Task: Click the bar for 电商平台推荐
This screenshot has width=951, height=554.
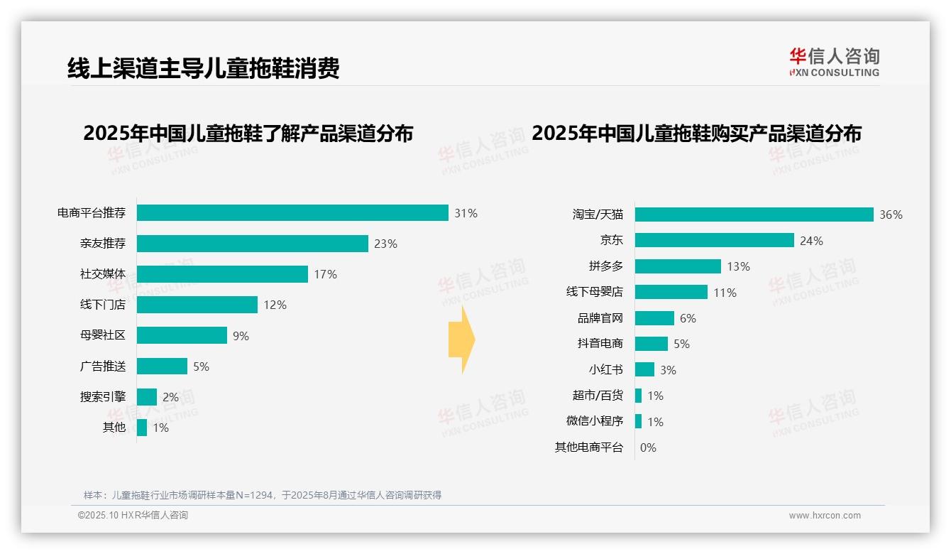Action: pyautogui.click(x=292, y=213)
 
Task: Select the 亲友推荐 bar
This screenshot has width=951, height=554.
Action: pyautogui.click(x=253, y=244)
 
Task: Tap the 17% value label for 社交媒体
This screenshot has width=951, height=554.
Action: pyautogui.click(x=325, y=274)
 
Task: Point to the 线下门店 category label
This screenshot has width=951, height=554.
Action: pyautogui.click(x=103, y=305)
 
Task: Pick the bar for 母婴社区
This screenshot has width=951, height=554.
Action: pyautogui.click(x=182, y=335)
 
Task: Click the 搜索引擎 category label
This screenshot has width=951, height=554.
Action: pyautogui.click(x=103, y=397)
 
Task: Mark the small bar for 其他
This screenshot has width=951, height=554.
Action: pyautogui.click(x=142, y=428)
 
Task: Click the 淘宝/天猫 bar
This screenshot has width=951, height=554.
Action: pyautogui.click(x=754, y=214)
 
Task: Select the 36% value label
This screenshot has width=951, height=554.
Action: pyautogui.click(x=891, y=214)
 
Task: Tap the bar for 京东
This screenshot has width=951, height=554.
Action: pyautogui.click(x=714, y=241)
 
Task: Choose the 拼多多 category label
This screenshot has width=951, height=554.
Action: pyautogui.click(x=605, y=266)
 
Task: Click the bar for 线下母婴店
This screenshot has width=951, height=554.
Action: pyautogui.click(x=671, y=292)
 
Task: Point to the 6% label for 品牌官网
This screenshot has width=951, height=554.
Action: pyautogui.click(x=688, y=318)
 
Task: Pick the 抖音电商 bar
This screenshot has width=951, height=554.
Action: pyautogui.click(x=651, y=344)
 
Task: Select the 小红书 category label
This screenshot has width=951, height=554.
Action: pyautogui.click(x=605, y=370)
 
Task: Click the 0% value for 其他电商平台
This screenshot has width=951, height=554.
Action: pyautogui.click(x=648, y=447)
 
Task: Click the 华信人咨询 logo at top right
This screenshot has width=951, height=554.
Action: pyautogui.click(x=834, y=62)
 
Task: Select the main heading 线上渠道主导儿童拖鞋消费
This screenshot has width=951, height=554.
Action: pyautogui.click(x=204, y=68)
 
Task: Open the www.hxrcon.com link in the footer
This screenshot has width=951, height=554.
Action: pyautogui.click(x=825, y=516)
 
